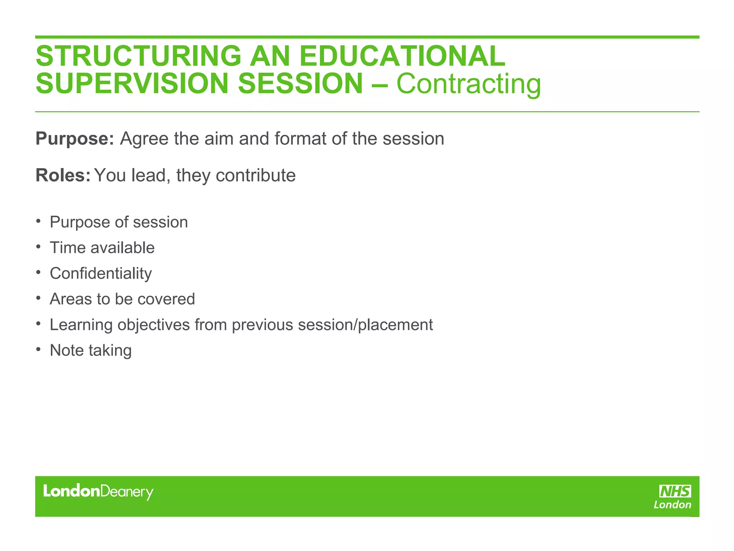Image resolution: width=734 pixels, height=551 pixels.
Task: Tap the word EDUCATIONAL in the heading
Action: [x=402, y=56]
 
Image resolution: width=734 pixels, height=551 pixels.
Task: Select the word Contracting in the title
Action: [x=468, y=84]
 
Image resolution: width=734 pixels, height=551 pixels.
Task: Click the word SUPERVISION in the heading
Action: [x=132, y=84]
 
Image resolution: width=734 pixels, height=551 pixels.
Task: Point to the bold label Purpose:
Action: [x=75, y=139]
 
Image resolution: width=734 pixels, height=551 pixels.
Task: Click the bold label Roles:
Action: [x=63, y=175]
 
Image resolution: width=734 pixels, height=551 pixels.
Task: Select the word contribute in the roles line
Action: [x=256, y=175]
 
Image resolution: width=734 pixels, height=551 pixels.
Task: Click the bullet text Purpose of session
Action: [x=119, y=222]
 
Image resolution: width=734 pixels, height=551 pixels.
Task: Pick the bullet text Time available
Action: [x=102, y=248]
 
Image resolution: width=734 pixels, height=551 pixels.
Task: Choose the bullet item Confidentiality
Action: [x=101, y=274]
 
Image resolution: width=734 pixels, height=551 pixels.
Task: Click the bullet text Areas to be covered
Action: [x=122, y=299]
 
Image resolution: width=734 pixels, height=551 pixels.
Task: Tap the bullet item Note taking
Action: [x=91, y=350]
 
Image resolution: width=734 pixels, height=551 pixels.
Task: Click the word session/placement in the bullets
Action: [x=365, y=325]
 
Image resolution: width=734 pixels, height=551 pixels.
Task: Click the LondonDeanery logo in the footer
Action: [x=98, y=491]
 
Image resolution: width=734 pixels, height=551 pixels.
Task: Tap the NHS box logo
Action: [x=675, y=491]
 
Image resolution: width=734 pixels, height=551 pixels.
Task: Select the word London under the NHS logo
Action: [x=672, y=505]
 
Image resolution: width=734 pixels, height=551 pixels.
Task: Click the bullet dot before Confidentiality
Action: [x=38, y=273]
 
